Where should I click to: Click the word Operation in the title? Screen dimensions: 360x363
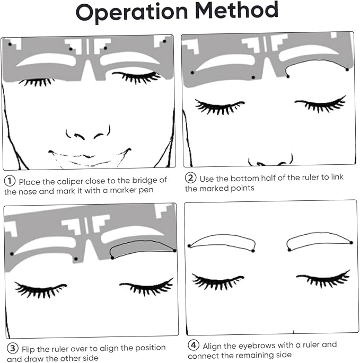[x=131, y=12]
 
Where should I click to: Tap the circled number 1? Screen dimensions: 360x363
[x=10, y=181]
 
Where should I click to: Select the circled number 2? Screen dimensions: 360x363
[x=190, y=178]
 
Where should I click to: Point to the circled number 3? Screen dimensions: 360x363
[x=13, y=348]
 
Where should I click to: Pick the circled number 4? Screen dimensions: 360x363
[x=194, y=345]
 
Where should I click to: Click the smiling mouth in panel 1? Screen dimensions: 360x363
[x=89, y=156]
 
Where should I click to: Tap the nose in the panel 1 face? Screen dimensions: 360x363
[x=88, y=134]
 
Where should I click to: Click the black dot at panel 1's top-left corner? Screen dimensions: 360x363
[x=10, y=44]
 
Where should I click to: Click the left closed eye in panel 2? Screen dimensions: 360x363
[x=219, y=107]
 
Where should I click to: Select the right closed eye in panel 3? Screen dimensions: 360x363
[x=147, y=287]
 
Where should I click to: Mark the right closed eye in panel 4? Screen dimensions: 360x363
[x=323, y=279]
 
